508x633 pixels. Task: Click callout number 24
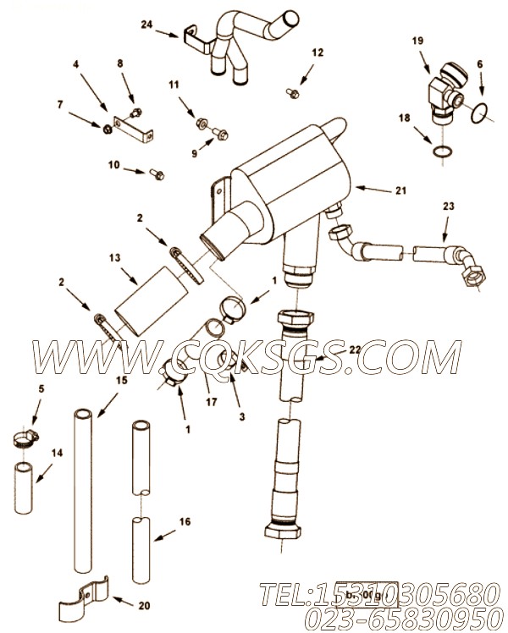[x=146, y=25]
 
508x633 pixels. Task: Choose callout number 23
[x=449, y=206]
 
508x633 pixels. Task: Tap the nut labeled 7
[x=108, y=129]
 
